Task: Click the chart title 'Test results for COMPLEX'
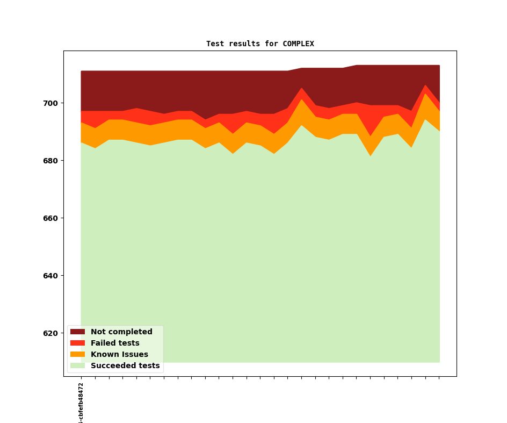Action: tap(260, 44)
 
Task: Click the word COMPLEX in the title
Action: tap(298, 44)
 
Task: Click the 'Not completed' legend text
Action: tap(121, 332)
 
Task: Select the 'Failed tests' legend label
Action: tap(115, 343)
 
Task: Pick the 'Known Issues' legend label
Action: tap(119, 355)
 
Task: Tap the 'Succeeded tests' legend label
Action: tap(125, 366)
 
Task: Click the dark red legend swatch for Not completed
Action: tap(77, 332)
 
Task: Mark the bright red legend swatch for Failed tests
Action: tap(77, 343)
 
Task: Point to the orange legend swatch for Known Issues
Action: tap(77, 355)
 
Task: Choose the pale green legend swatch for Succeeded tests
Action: tap(77, 366)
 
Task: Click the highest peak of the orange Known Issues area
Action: tap(425, 95)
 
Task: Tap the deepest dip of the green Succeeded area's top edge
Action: tap(371, 156)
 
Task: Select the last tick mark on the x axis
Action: tap(439, 378)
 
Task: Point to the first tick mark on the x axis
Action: tap(81, 378)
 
